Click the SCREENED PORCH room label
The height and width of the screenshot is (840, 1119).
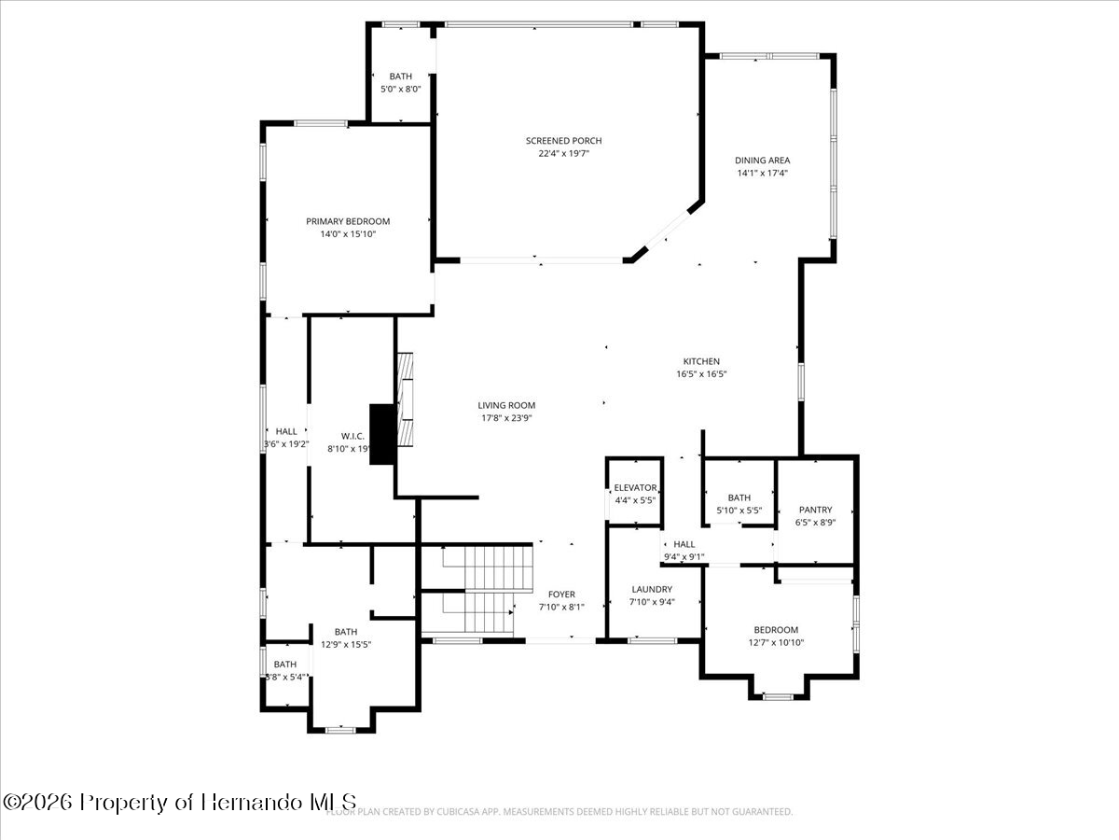(563, 141)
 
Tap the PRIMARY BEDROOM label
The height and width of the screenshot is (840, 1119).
(348, 221)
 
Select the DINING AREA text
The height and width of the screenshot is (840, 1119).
(762, 161)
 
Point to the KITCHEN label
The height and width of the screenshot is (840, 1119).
(701, 361)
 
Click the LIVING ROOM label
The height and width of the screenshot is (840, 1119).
(506, 405)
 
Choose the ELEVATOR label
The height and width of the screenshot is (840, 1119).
(635, 488)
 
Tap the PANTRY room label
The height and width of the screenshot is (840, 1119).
(815, 510)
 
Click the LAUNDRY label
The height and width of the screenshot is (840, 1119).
(652, 589)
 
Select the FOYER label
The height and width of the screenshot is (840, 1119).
(561, 595)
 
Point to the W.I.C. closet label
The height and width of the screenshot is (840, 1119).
(352, 436)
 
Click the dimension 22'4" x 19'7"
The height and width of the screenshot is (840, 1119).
(563, 153)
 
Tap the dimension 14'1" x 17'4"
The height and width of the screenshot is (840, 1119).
(762, 173)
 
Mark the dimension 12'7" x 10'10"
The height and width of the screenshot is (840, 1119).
(776, 642)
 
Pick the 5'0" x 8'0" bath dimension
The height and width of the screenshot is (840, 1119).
(401, 89)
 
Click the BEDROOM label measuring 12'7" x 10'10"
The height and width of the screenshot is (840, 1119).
(776, 630)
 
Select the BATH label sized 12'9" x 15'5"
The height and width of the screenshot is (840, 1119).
(346, 632)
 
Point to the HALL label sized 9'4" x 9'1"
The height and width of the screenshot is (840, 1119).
(684, 544)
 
